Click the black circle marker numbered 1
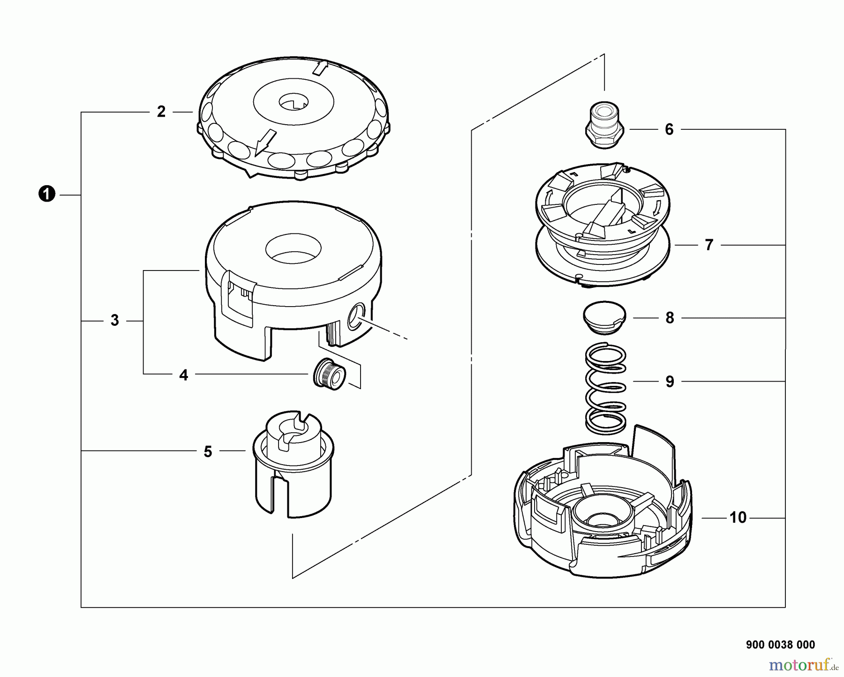47,194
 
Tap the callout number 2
161,112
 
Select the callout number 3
114,321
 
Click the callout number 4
184,375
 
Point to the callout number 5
208,451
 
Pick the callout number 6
669,129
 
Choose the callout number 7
709,245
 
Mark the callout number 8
670,318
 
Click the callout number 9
670,382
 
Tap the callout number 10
738,518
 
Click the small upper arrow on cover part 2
319,68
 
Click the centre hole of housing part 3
293,249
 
